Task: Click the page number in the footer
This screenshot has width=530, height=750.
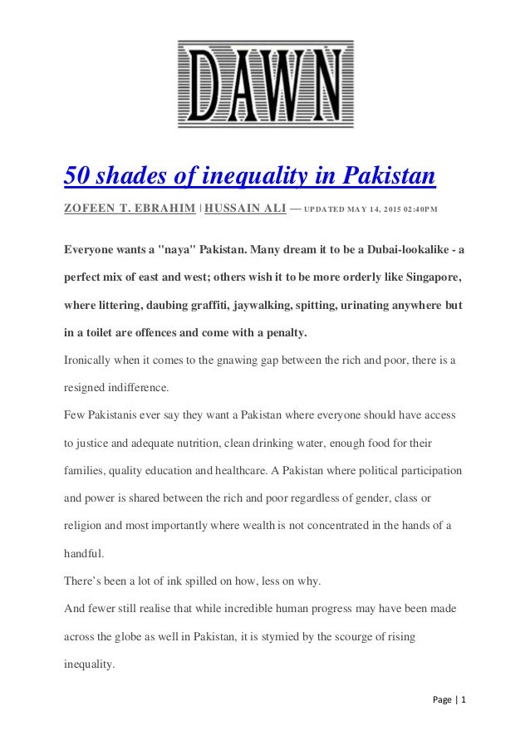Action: coord(464,700)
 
